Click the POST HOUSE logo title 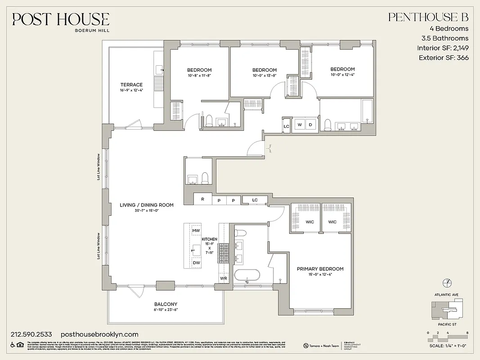point(60,19)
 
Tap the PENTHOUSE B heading point(428,17)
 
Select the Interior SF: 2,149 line point(443,48)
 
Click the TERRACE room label point(131,85)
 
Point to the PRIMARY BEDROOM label point(320,269)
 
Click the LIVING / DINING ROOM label point(147,205)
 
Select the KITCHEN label point(210,239)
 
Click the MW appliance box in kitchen point(196,231)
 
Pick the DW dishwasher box point(196,262)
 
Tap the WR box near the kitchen point(224,279)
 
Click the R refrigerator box point(203,199)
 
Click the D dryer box point(310,124)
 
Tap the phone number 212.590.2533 point(31,334)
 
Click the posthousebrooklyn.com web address point(99,334)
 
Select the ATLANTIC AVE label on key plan point(446,294)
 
